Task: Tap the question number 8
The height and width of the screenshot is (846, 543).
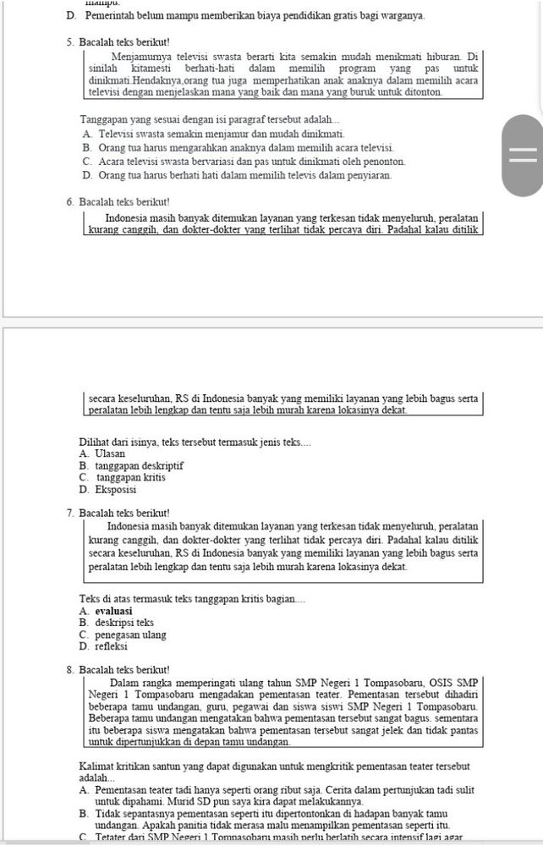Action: tap(69, 670)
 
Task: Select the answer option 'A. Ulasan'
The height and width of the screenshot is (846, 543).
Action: tap(102, 453)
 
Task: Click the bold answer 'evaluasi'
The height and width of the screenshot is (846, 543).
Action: tap(113, 611)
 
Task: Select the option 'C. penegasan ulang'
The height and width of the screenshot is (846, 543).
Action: tap(123, 634)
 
